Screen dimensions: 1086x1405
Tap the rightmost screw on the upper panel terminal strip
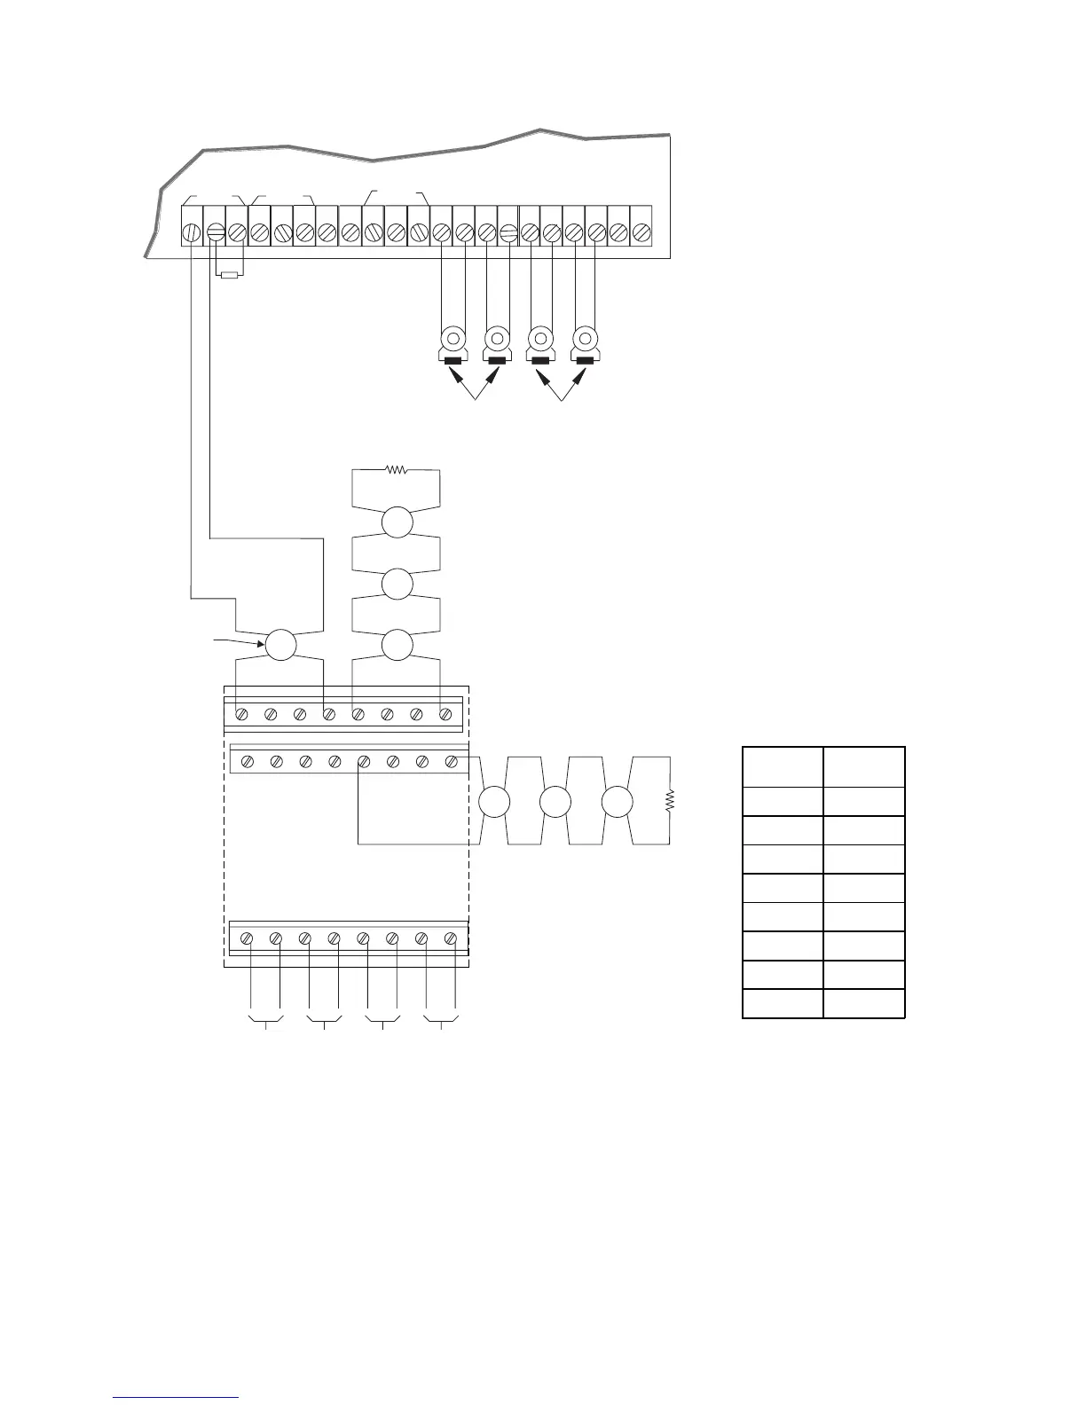641,232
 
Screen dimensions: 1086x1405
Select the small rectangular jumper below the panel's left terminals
230,275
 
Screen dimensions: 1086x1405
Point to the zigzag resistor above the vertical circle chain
396,470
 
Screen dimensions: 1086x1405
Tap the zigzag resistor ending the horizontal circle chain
671,801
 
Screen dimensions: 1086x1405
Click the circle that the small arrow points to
281,645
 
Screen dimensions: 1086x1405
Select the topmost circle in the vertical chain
397,522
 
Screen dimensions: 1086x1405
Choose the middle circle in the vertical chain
397,584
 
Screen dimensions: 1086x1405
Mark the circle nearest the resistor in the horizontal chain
617,802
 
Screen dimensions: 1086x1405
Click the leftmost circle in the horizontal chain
494,802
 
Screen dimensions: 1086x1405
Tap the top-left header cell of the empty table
783,766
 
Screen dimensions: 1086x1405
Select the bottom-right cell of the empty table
864,1003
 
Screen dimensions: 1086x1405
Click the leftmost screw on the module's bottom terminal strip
248,938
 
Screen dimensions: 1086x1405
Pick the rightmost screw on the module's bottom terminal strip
451,938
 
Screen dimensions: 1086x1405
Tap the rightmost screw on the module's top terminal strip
446,713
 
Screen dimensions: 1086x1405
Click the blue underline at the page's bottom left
177,1397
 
